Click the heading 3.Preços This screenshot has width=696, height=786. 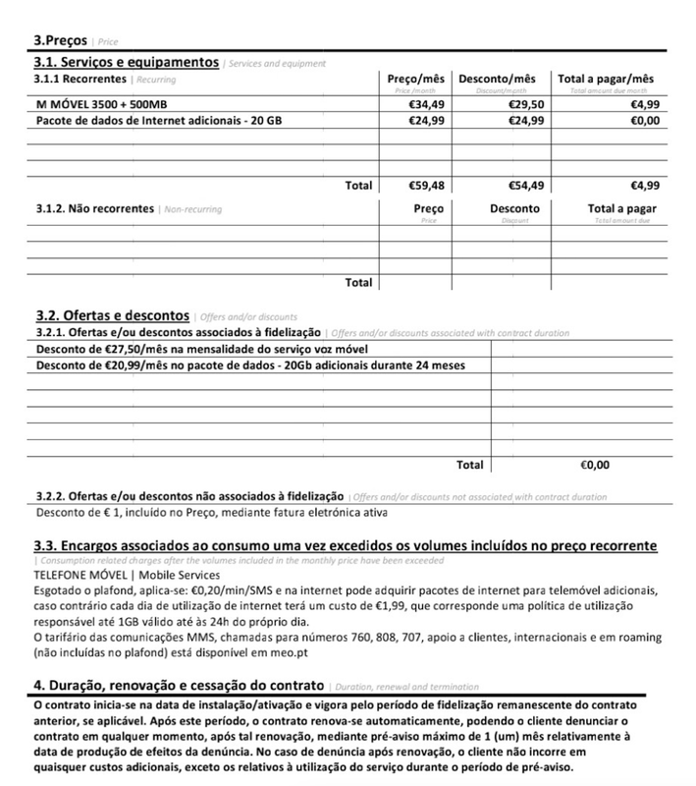[x=61, y=42]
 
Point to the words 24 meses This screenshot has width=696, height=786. [x=439, y=365]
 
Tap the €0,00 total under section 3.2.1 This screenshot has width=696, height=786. [x=596, y=463]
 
